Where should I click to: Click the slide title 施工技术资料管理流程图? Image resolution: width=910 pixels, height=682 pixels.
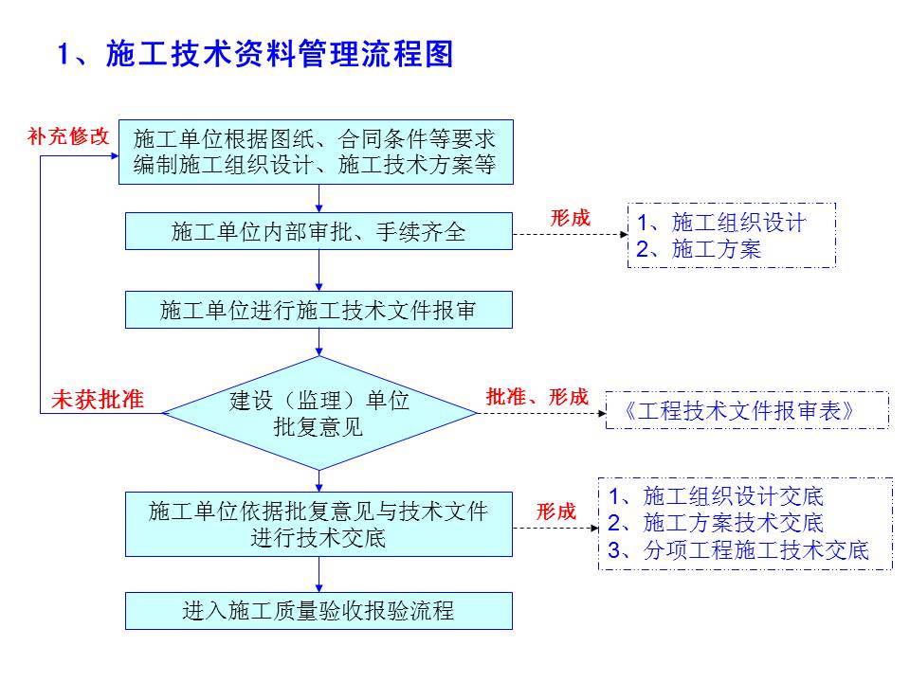pyautogui.click(x=256, y=54)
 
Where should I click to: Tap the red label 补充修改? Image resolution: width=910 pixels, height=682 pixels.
pyautogui.click(x=68, y=135)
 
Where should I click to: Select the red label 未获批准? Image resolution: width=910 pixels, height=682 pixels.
pyautogui.click(x=97, y=400)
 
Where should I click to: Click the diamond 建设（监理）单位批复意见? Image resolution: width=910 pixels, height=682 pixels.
pyautogui.click(x=319, y=413)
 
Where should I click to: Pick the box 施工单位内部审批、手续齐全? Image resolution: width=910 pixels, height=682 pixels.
pyautogui.click(x=318, y=231)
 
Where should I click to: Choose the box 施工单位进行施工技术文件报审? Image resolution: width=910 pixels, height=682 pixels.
pyautogui.click(x=318, y=310)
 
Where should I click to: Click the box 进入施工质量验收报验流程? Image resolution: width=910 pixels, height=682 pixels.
pyautogui.click(x=318, y=611)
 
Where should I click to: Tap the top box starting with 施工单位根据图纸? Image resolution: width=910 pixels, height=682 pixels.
pyautogui.click(x=315, y=152)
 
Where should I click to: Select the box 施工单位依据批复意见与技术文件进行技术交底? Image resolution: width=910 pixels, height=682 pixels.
pyautogui.click(x=318, y=524)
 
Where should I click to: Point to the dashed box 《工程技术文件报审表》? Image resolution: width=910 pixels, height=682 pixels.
pyautogui.click(x=747, y=411)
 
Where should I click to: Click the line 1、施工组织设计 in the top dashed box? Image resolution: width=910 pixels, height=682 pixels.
pyautogui.click(x=720, y=223)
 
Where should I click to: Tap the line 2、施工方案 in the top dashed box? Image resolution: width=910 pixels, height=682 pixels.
pyautogui.click(x=699, y=249)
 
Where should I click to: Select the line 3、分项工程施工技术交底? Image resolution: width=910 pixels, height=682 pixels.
pyautogui.click(x=738, y=550)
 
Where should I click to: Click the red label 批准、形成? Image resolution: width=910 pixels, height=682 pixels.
pyautogui.click(x=537, y=398)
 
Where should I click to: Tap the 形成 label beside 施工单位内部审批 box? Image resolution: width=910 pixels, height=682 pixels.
pyautogui.click(x=570, y=218)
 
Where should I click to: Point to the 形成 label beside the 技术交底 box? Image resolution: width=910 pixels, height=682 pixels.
pyautogui.click(x=556, y=511)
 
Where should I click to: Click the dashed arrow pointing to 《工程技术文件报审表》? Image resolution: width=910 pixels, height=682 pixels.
pyautogui.click(x=540, y=413)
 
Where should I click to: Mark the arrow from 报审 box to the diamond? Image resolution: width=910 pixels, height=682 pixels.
pyautogui.click(x=319, y=342)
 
